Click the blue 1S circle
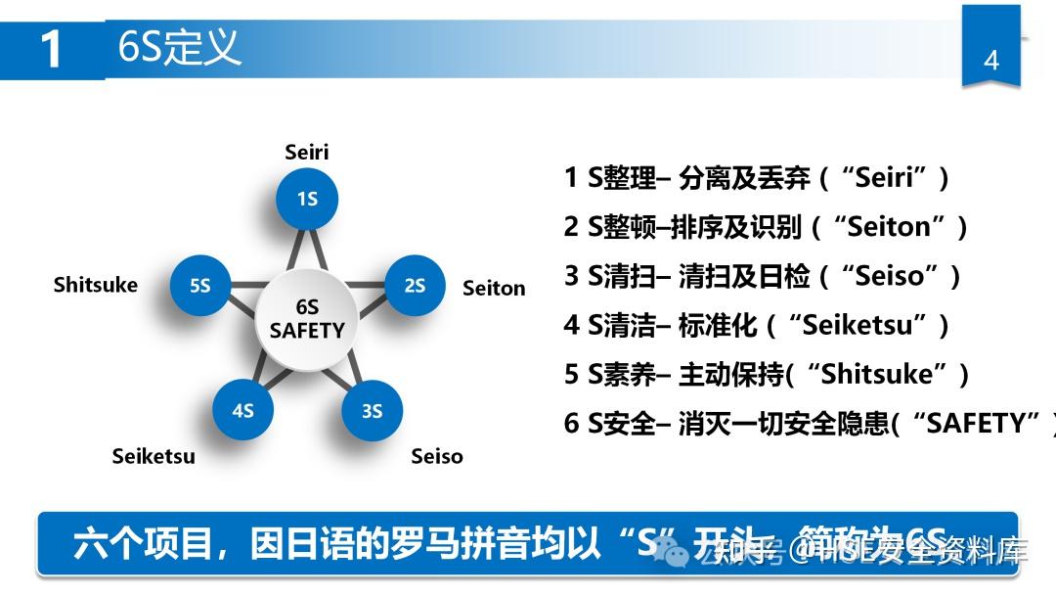(307, 199)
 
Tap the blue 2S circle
(415, 285)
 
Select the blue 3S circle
(372, 410)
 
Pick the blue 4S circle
(242, 410)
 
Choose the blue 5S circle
(200, 285)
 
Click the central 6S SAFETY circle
(307, 320)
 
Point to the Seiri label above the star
(307, 152)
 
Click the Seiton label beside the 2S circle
(494, 288)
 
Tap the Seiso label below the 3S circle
(437, 456)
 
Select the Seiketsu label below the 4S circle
(154, 456)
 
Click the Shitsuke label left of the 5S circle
(96, 285)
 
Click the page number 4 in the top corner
(990, 60)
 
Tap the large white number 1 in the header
(52, 49)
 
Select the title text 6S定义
(179, 46)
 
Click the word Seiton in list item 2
(890, 227)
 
